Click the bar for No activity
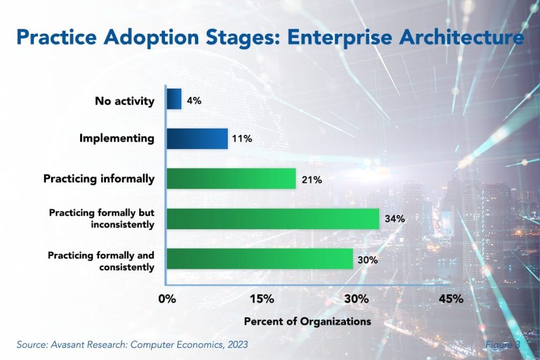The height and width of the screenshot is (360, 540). click(x=174, y=99)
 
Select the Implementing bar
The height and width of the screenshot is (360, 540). click(x=197, y=139)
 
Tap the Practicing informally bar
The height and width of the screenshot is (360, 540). click(x=231, y=179)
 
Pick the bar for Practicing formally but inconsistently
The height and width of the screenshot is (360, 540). click(x=273, y=219)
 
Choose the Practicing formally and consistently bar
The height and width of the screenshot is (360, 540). click(x=259, y=259)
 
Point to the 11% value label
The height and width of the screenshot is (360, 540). click(x=242, y=140)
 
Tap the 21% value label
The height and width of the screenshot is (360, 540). click(x=311, y=180)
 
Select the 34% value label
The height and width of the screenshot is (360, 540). click(x=394, y=219)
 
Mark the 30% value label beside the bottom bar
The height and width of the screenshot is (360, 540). click(x=368, y=259)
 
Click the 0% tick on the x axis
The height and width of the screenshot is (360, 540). click(x=167, y=299)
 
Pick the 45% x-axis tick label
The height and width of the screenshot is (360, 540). click(x=451, y=299)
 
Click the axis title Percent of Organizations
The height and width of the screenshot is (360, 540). click(x=307, y=321)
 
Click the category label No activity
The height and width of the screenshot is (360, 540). click(x=125, y=101)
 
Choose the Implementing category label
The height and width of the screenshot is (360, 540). click(x=117, y=139)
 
